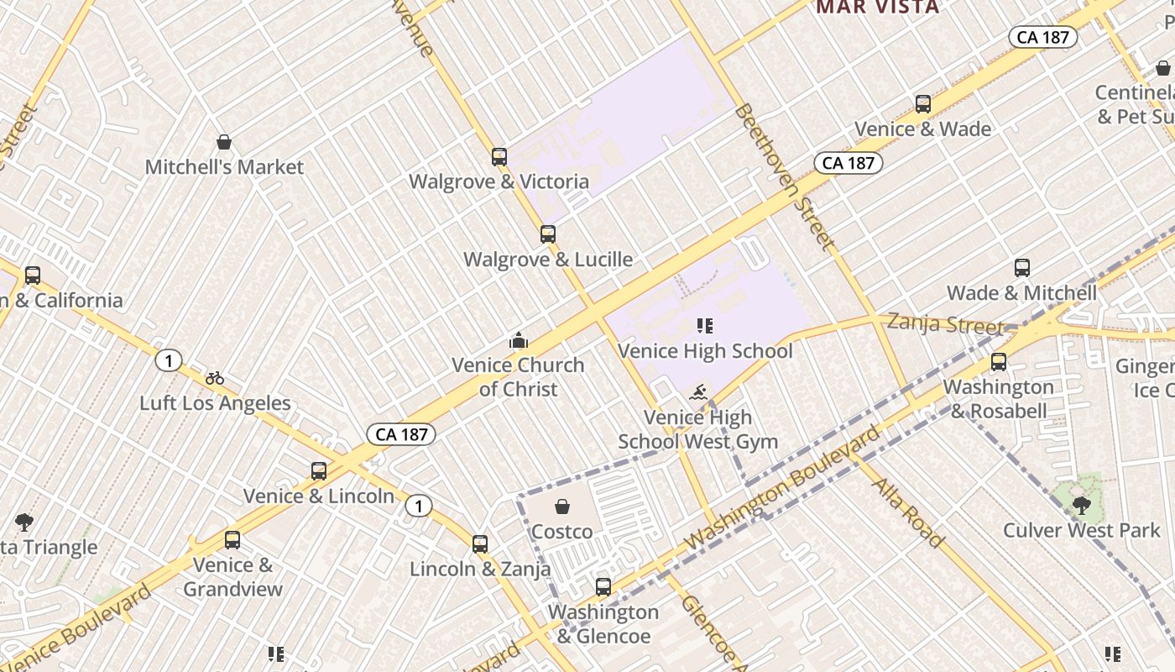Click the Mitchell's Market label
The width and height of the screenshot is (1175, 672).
224,167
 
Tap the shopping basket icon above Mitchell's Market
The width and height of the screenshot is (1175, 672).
224,142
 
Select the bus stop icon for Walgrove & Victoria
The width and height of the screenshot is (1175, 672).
499,156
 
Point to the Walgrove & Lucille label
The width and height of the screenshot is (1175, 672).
548,260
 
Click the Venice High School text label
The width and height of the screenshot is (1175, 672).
705,351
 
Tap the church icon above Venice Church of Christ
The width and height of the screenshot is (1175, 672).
519,340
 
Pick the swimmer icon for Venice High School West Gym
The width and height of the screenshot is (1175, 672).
698,392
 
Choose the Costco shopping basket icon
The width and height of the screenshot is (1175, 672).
562,507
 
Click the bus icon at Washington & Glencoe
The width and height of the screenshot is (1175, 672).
603,587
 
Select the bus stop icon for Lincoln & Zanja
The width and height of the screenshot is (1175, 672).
480,543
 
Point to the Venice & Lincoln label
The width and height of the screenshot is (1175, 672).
319,496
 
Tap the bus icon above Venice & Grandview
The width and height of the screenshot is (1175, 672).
232,540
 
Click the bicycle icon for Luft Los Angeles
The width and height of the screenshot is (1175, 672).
215,378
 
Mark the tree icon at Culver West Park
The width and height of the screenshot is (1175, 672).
1082,505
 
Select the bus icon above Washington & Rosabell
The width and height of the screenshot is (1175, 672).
999,362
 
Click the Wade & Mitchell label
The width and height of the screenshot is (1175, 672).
1021,293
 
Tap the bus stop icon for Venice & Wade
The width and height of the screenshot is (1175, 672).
923,104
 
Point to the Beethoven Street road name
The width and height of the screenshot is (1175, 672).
785,177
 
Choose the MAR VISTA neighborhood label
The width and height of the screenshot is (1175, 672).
878,8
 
